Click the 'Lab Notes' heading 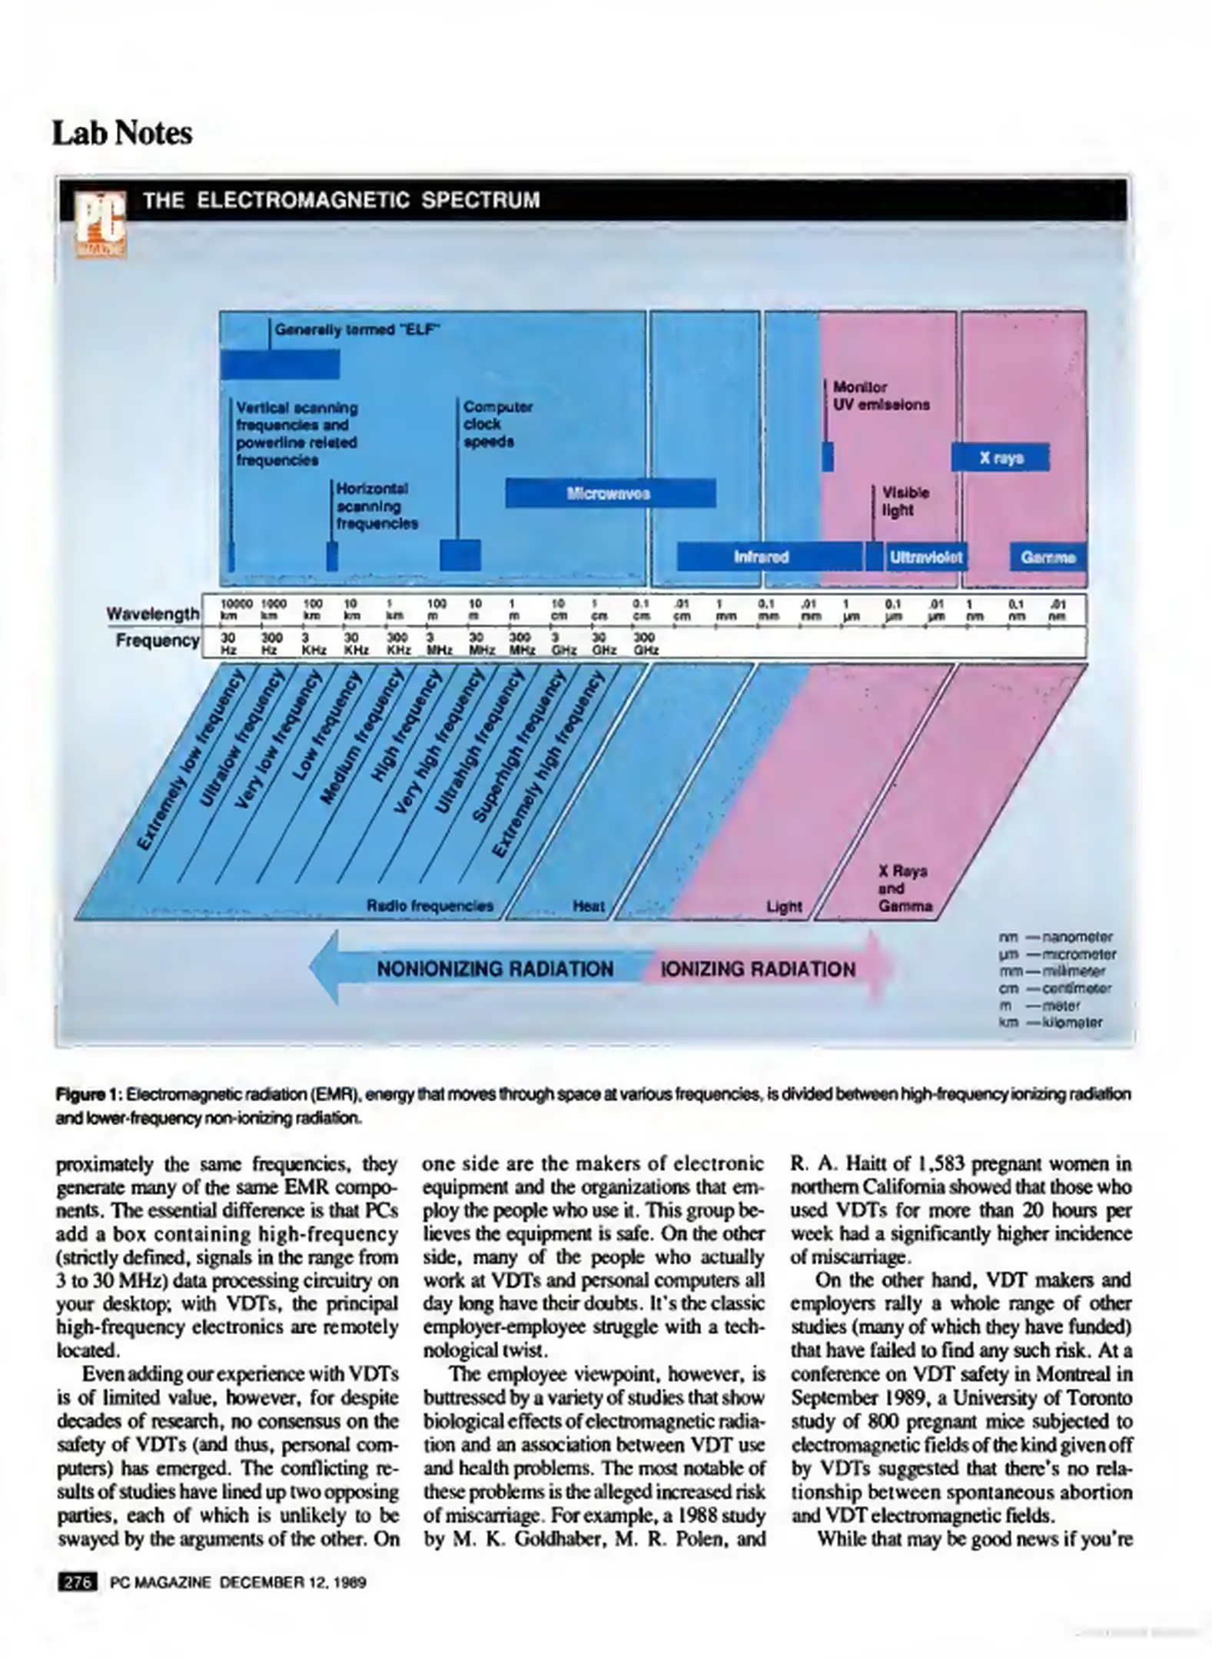122,133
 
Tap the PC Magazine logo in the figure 101,224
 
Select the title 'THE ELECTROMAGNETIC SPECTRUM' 341,201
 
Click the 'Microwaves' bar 610,493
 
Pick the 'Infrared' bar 761,556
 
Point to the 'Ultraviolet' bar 925,557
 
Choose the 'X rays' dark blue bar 1000,458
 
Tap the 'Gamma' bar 1048,557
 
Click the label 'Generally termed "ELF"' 357,330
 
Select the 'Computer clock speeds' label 497,424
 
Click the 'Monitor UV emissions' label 881,396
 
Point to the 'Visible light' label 905,501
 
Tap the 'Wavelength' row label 153,614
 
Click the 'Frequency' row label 158,640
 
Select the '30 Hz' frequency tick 228,643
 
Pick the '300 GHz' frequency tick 644,643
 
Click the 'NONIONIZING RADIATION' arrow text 495,969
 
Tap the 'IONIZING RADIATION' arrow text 758,969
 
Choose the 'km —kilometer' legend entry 1051,1023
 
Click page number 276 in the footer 77,1582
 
